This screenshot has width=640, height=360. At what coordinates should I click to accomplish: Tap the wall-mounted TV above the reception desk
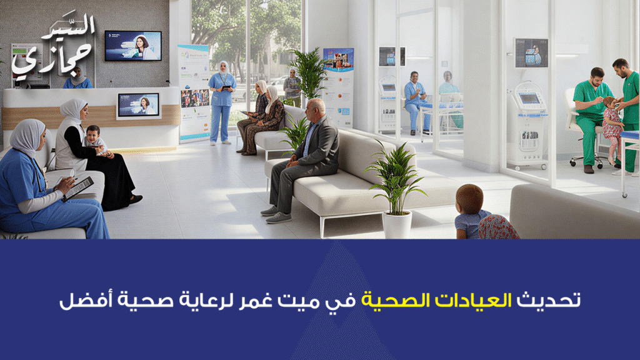(132, 46)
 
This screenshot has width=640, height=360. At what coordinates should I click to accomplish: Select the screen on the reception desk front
(138, 105)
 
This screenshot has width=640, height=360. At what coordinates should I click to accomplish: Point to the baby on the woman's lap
(94, 139)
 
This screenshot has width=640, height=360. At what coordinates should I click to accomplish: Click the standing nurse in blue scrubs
(222, 103)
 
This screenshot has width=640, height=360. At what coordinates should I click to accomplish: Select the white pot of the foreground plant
(396, 223)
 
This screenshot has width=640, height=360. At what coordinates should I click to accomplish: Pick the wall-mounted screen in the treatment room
(531, 52)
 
